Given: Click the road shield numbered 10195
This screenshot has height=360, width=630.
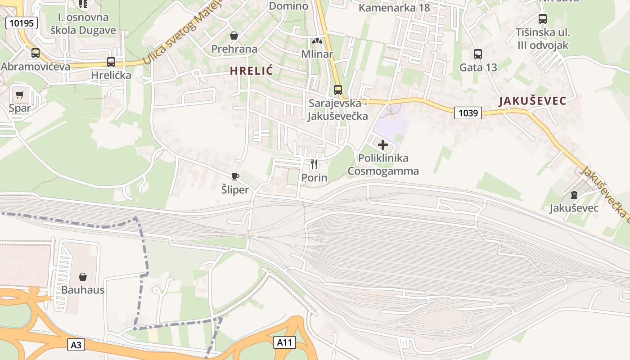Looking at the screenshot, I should click(x=21, y=23).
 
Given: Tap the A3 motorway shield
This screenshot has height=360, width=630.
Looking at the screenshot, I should click(x=76, y=345).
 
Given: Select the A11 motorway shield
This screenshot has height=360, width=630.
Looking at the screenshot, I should click(x=284, y=342).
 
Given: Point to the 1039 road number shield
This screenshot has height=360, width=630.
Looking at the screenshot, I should click(x=468, y=112).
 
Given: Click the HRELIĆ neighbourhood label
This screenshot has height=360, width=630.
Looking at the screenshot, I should click(x=252, y=71).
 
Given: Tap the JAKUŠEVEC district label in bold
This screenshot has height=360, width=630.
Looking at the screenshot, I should click(x=532, y=101).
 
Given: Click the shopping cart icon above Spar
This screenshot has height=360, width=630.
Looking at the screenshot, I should click(x=19, y=94).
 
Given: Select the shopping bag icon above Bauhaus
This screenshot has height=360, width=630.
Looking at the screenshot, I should click(x=83, y=276).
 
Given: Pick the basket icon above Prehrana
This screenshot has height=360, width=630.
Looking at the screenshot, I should click(x=234, y=35).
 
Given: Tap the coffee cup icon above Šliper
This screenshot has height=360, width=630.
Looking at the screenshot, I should click(x=235, y=176).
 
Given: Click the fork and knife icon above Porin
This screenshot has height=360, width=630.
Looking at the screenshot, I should click(x=314, y=164).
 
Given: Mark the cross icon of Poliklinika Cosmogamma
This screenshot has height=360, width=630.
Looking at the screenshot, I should click(x=383, y=145).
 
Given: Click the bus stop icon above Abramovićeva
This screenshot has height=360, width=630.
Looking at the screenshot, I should click(x=36, y=53).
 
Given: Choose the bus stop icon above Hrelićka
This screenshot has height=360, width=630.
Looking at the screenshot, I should click(x=111, y=62).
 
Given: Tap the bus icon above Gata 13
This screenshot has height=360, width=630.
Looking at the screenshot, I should click(x=478, y=54).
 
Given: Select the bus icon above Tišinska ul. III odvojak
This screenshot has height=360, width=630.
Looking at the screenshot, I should click(x=543, y=19).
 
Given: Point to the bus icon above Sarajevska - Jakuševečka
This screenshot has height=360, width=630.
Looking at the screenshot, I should click(x=338, y=90).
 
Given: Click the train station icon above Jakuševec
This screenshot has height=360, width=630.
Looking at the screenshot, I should click(x=574, y=195).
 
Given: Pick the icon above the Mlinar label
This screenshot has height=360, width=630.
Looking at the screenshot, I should click(x=317, y=41).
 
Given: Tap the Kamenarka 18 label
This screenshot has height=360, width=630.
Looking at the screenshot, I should click(x=394, y=8).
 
